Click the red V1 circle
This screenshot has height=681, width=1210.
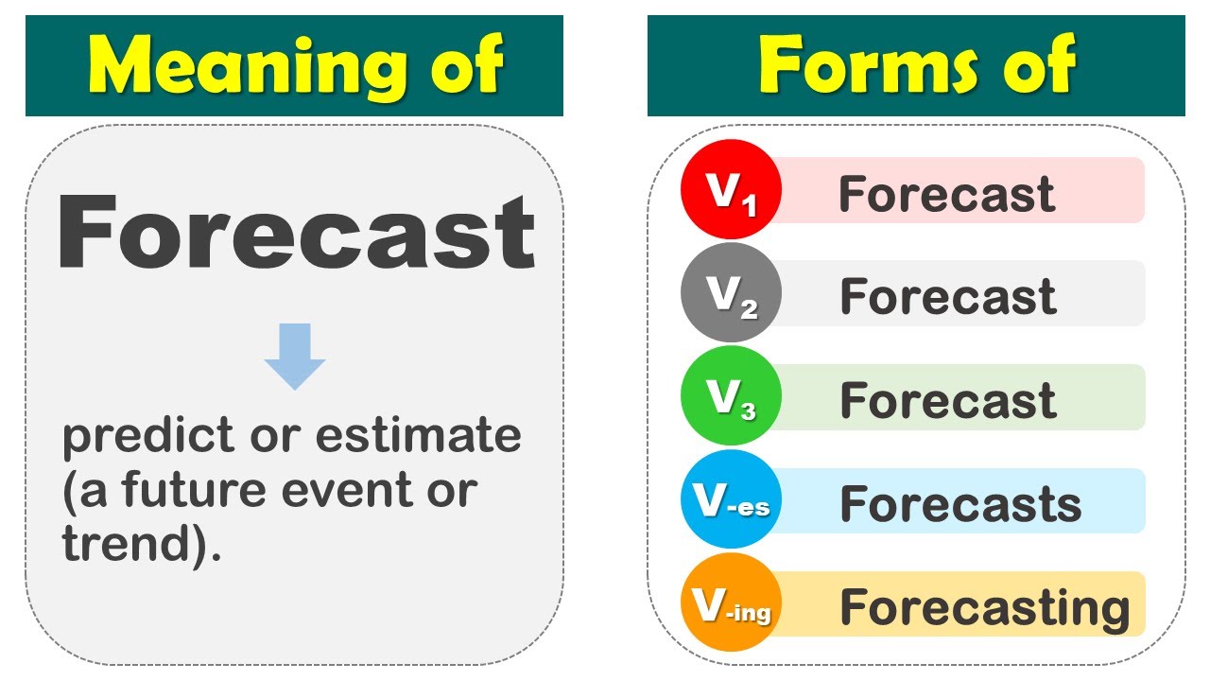tap(729, 189)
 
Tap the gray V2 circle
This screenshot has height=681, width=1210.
tap(729, 293)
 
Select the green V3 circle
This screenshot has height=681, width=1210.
tap(729, 396)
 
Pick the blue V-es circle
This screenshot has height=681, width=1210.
tap(729, 499)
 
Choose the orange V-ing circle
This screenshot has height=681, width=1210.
tap(729, 602)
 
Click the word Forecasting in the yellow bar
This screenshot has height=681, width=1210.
tap(984, 607)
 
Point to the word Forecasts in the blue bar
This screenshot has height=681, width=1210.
tap(960, 503)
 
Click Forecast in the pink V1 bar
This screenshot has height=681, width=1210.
tap(946, 194)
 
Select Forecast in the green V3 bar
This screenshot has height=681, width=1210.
tap(947, 400)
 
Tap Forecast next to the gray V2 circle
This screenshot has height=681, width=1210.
tap(947, 297)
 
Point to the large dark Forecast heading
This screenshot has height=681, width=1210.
tap(296, 233)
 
